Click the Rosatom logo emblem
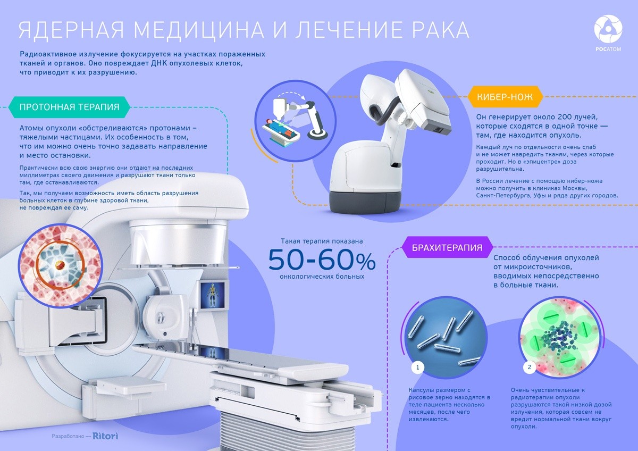608,29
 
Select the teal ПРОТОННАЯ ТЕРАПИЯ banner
69,107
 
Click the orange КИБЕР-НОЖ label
505,97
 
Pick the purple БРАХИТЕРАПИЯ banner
447,247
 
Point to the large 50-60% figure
322,260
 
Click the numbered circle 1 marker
417,368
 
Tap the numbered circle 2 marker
530,367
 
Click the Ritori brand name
105,436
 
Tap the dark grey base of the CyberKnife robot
365,202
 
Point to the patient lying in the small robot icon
281,128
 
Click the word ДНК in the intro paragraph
159,63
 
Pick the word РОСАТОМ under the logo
608,49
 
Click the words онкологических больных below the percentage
322,277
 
